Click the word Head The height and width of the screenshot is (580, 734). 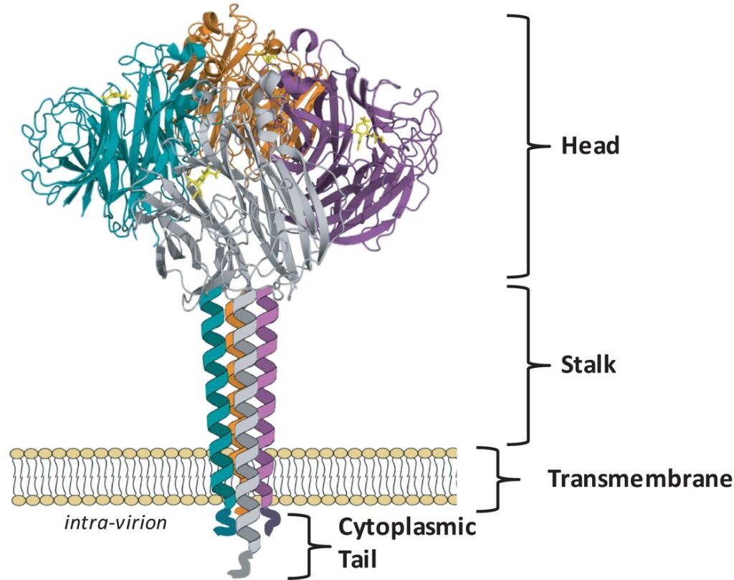[590, 146]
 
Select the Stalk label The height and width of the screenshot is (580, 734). [588, 364]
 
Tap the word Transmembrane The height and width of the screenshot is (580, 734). [639, 479]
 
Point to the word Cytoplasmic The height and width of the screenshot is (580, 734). [406, 528]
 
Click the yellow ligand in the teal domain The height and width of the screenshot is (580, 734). [115, 96]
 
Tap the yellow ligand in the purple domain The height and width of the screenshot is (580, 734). [366, 132]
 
